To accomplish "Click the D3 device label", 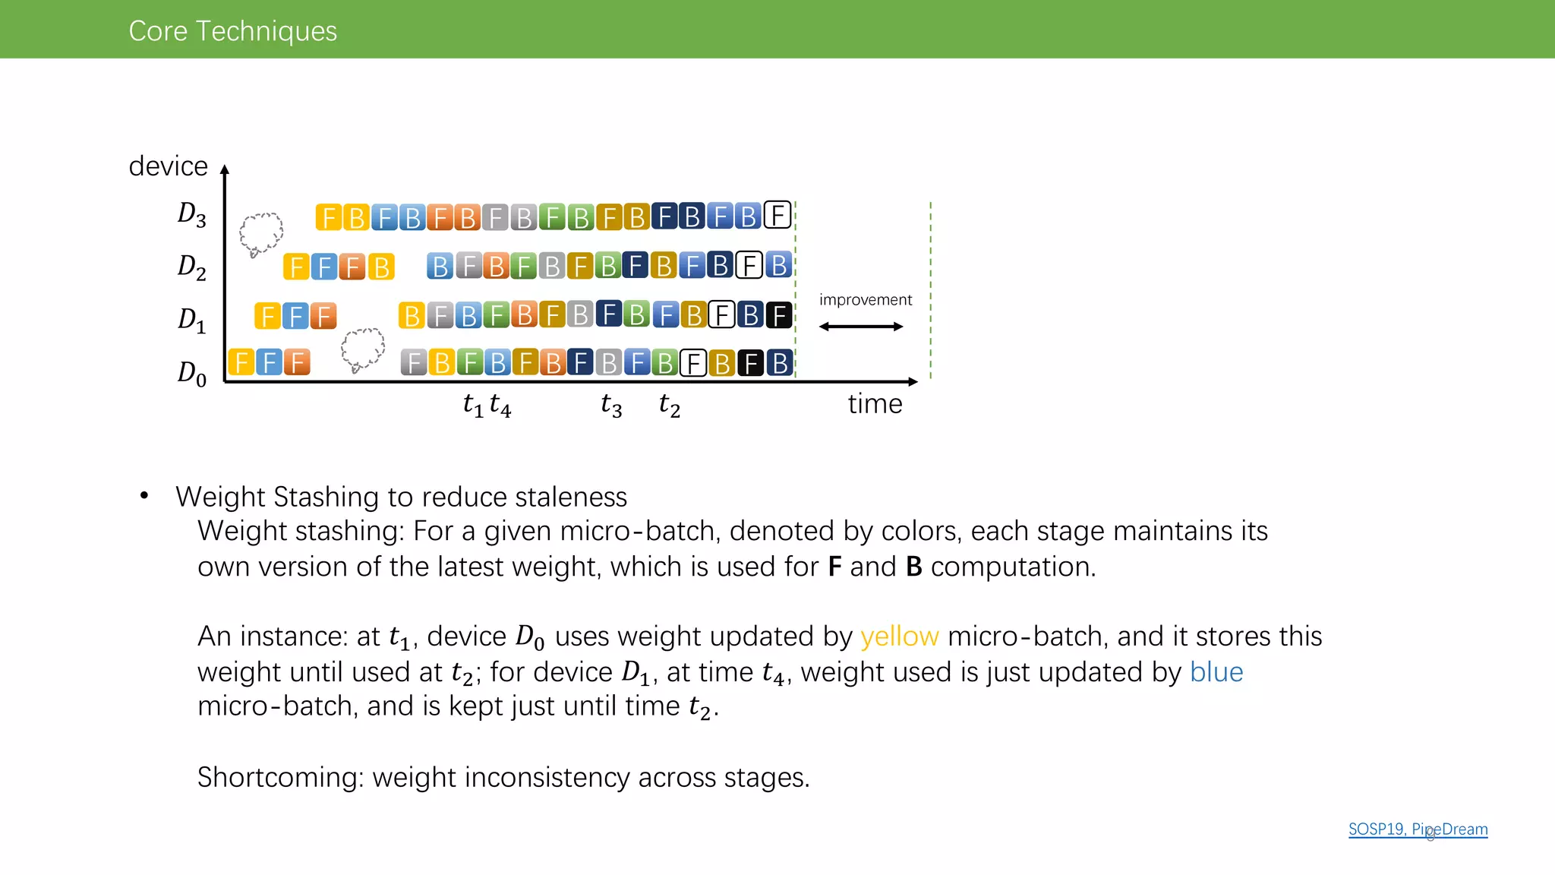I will coord(191,215).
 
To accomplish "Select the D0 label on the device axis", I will coord(191,373).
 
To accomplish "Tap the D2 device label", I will coord(191,267).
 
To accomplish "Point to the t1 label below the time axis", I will coord(472,405).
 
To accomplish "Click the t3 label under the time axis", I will coord(611,405).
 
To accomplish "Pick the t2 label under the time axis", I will coord(669,405).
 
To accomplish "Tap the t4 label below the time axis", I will coord(500,405).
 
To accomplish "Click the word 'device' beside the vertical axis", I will coord(168,166).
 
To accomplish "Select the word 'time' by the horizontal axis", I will coord(875,404).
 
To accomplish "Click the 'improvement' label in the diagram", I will coord(865,300).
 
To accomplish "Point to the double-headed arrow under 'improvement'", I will coord(861,327).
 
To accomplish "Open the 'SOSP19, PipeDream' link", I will coord(1418,829).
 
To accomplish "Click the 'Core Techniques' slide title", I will coord(232,31).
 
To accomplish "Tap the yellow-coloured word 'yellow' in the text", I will coord(899,637).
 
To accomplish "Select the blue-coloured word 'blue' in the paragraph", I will coord(1216,672).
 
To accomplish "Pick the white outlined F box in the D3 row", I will coord(777,216).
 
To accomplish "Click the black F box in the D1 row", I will coord(779,314).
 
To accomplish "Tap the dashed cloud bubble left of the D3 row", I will coord(260,233).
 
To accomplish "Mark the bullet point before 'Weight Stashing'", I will coord(144,497).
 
